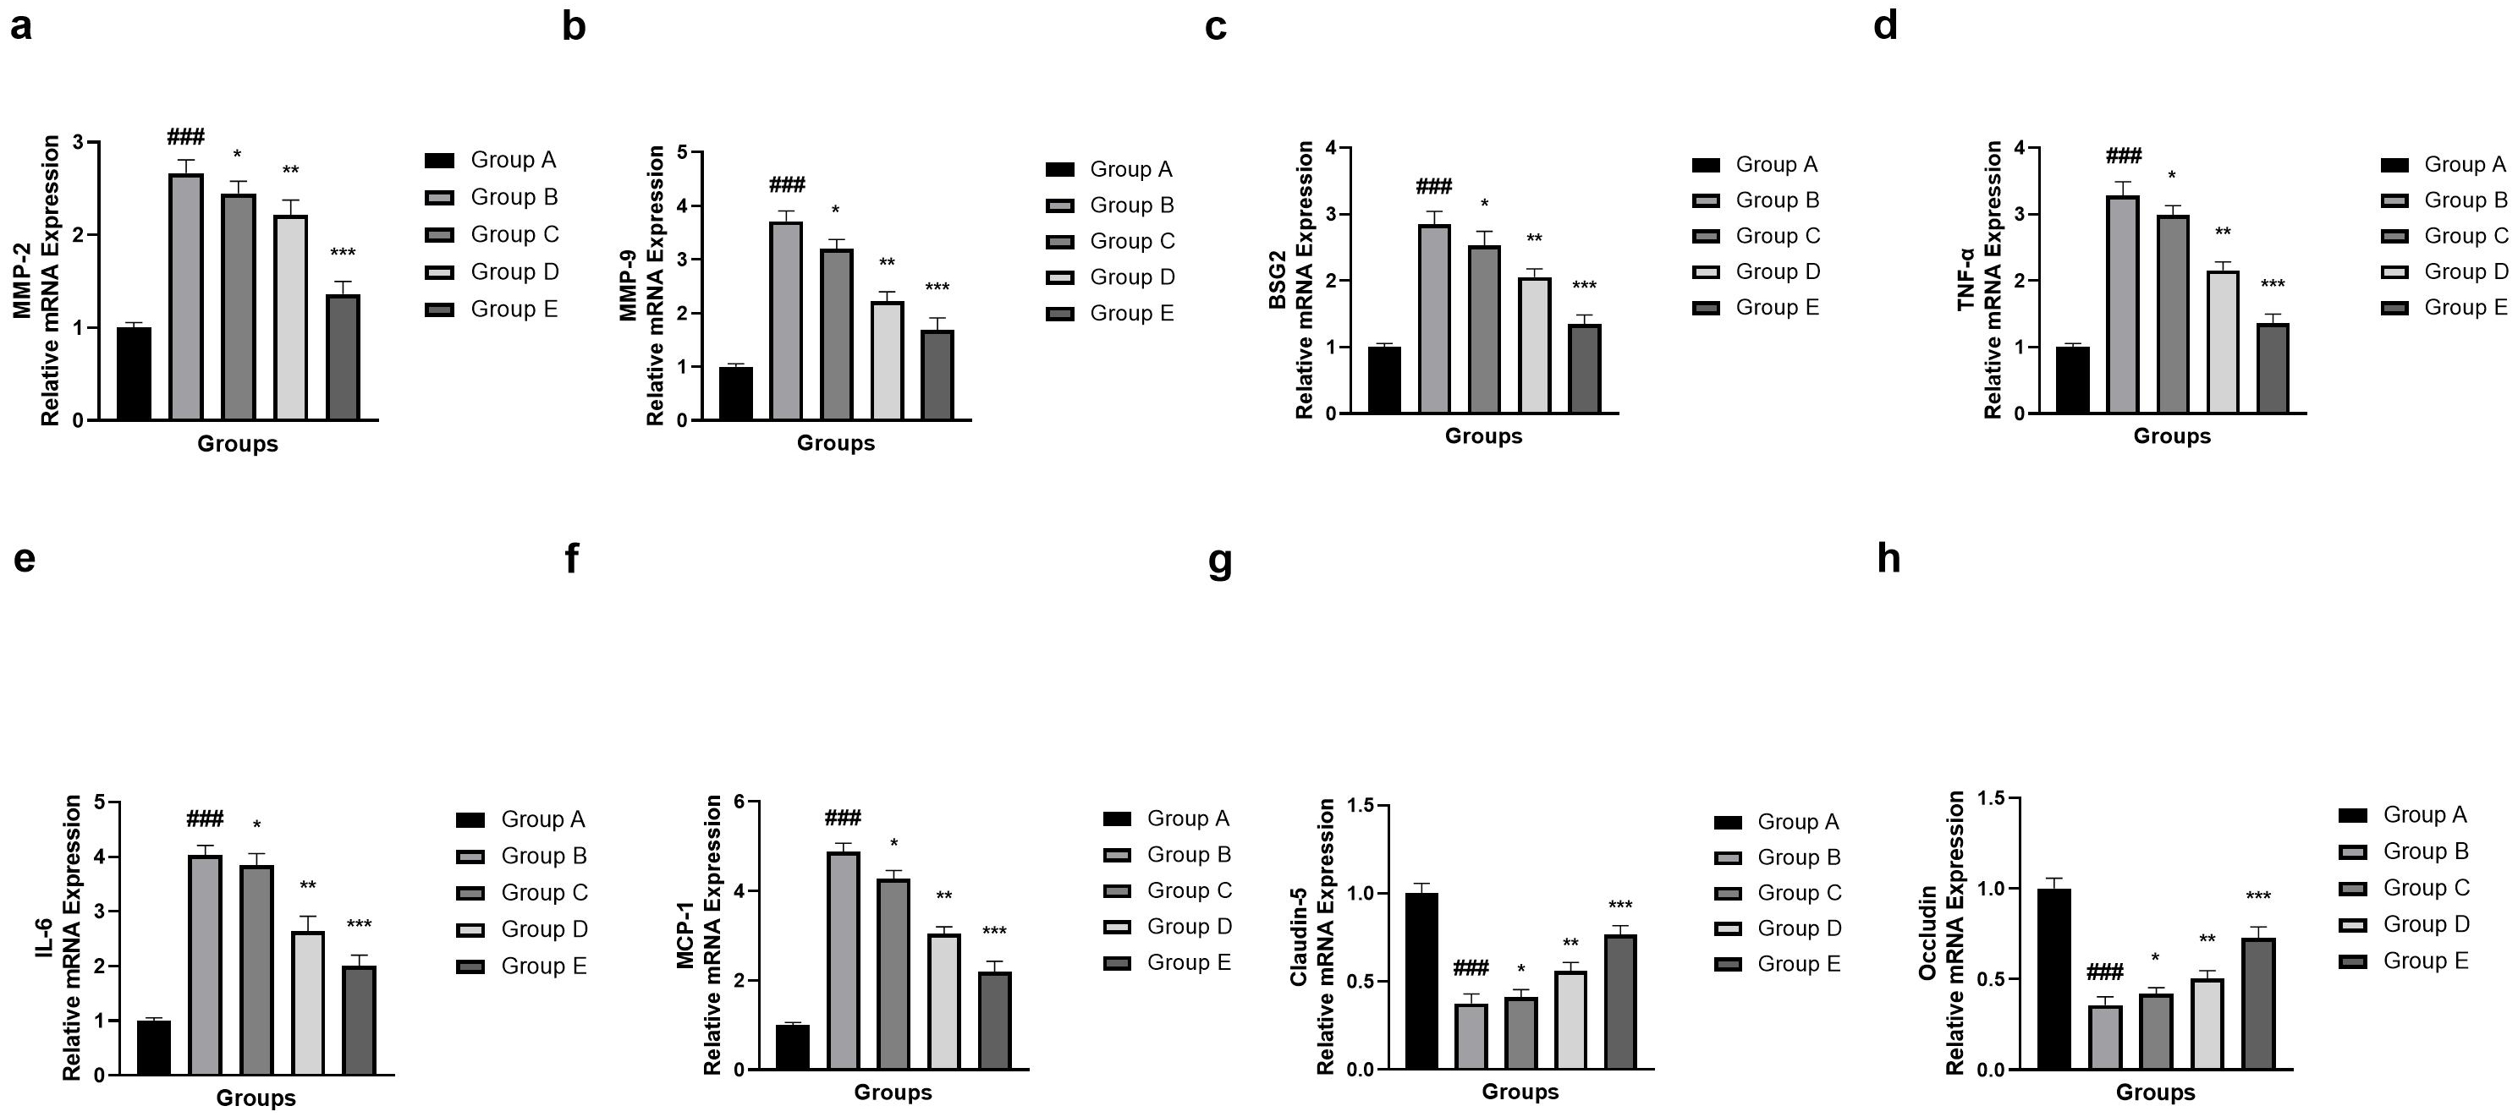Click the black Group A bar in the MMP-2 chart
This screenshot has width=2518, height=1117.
pyautogui.click(x=134, y=373)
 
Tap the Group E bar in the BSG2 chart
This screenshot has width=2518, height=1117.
pyautogui.click(x=1585, y=369)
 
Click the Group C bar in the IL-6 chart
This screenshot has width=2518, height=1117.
pyautogui.click(x=256, y=969)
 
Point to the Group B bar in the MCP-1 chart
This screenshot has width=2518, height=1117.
pyautogui.click(x=844, y=961)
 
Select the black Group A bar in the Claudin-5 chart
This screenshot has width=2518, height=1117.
pyautogui.click(x=1421, y=981)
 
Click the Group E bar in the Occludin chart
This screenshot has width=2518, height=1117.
pyautogui.click(x=2259, y=1004)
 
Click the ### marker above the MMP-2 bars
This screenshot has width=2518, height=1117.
pyautogui.click(x=186, y=136)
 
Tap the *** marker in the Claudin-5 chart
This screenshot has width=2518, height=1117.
pyautogui.click(x=1619, y=906)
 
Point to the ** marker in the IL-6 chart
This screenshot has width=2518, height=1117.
pyautogui.click(x=308, y=886)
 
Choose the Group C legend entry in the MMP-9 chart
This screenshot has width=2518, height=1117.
pyautogui.click(x=1110, y=241)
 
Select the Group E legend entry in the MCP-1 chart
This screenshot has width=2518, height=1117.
pyautogui.click(x=1167, y=962)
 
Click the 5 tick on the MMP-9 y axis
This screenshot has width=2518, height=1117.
pyautogui.click(x=681, y=151)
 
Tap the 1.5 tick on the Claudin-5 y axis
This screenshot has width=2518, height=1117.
pyautogui.click(x=1360, y=805)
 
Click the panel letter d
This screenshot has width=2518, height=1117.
pyautogui.click(x=1886, y=25)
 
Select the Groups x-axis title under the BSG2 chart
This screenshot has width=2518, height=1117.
pyautogui.click(x=1484, y=435)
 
